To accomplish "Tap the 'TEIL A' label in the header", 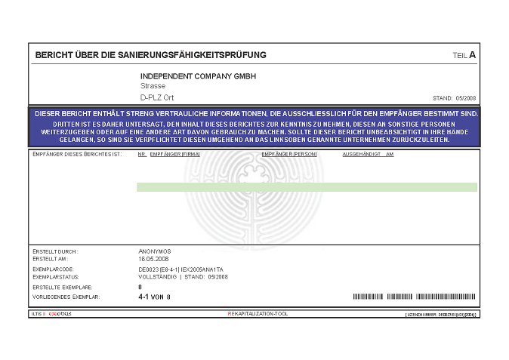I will point(464,55).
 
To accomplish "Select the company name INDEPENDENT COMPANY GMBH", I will point(199,76).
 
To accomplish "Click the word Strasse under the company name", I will point(153,87).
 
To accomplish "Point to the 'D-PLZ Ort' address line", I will point(157,98).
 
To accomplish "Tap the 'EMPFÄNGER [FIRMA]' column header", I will point(174,154).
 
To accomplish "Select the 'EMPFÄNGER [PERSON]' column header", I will point(288,154).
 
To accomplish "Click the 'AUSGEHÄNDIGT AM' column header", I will point(368,154).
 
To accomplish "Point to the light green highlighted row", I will point(307,187).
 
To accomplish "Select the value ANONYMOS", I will point(155,251).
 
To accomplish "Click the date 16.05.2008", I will point(153,257).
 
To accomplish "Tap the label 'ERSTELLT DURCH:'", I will point(56,251).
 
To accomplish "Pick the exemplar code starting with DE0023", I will point(180,269).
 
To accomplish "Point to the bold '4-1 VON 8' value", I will point(155,297).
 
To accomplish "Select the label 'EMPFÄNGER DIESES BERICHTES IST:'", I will point(78,154).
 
